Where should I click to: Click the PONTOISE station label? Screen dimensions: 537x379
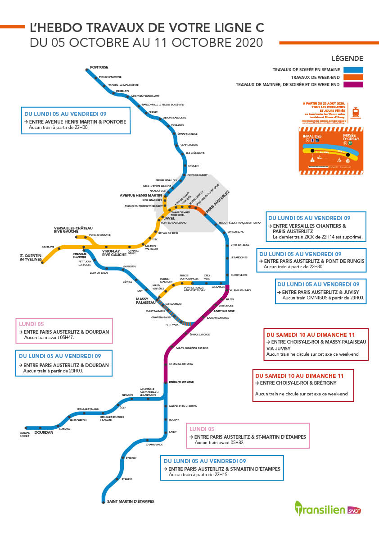coord(99,67)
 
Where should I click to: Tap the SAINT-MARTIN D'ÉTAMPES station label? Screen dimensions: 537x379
coord(130,501)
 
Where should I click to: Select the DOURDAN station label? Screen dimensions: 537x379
coord(44,432)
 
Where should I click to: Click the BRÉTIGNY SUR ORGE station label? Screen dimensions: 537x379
coord(181,382)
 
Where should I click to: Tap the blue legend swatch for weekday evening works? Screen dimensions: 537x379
coord(354,70)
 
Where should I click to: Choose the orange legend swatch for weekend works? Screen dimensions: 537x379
coord(354,77)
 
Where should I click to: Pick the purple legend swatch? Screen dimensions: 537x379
coord(354,84)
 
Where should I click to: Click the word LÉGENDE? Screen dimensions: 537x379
coord(347,59)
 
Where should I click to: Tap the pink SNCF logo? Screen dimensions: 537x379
coord(355,510)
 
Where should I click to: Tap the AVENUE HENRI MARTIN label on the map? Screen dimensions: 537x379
coord(140,195)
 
